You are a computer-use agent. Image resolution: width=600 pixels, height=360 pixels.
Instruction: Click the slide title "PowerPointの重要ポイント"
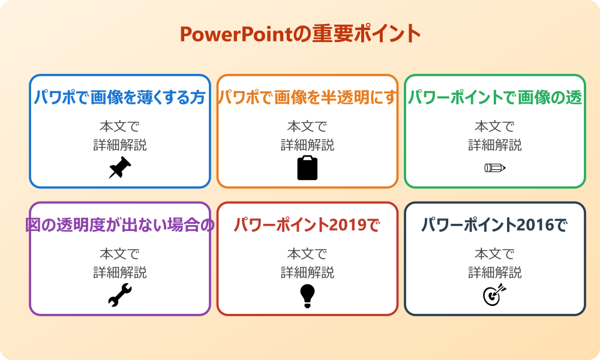click(x=300, y=34)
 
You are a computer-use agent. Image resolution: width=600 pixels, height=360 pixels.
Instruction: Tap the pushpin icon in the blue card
click(x=119, y=168)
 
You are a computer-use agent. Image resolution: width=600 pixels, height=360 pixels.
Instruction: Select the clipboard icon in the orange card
click(x=307, y=168)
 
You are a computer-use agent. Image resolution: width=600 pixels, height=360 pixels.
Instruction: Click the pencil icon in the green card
click(x=495, y=167)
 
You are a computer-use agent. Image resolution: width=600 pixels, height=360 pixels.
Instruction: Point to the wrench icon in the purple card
click(x=119, y=295)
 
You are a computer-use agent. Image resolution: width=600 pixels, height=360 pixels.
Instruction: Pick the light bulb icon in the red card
click(x=307, y=295)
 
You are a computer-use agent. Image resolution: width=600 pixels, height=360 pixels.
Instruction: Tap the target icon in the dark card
click(x=495, y=295)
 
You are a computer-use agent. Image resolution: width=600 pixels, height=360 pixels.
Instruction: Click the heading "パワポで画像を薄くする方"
click(x=119, y=97)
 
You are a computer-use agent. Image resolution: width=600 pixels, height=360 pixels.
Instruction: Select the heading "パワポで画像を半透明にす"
click(x=307, y=97)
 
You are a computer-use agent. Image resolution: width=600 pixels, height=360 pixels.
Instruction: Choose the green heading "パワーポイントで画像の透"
click(x=495, y=97)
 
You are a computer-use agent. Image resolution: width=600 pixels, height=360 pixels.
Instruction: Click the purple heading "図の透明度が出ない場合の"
click(x=119, y=225)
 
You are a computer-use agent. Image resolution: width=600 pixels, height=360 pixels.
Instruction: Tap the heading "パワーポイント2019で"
click(x=307, y=225)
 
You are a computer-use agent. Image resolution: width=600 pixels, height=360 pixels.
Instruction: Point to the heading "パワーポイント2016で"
click(x=495, y=225)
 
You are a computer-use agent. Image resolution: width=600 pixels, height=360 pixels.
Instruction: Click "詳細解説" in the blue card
click(x=119, y=145)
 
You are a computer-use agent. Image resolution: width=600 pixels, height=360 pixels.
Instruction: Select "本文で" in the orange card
click(x=307, y=127)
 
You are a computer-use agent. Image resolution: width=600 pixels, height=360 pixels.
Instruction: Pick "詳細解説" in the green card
click(x=495, y=145)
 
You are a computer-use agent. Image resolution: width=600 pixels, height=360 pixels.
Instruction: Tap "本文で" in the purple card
click(x=119, y=254)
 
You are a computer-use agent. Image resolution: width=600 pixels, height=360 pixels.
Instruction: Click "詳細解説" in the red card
click(x=307, y=272)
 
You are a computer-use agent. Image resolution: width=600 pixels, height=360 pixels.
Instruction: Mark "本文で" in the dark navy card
click(x=495, y=254)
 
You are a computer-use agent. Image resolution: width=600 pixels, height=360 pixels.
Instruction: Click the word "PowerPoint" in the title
click(x=236, y=34)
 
